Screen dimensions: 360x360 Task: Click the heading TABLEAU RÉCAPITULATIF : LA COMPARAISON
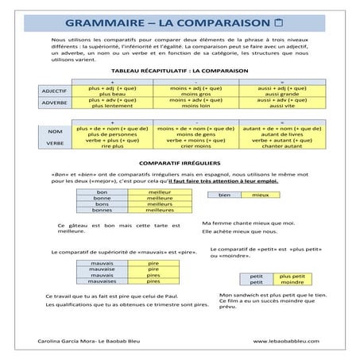pos(180,70)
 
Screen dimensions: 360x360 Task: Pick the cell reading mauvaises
pos(103,281)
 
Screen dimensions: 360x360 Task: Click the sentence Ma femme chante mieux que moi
pos(249,223)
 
